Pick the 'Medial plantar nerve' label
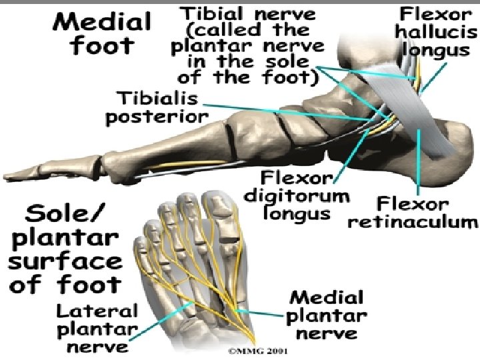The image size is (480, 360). click(x=327, y=315)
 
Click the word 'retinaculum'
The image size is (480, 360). click(x=413, y=221)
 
